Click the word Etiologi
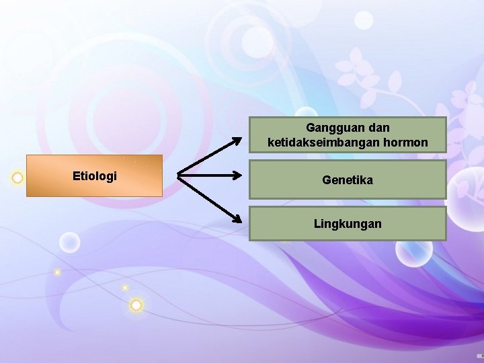(94, 176)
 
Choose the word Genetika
(348, 180)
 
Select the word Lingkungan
(348, 223)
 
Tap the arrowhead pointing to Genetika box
(237, 176)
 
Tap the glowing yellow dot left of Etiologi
(17, 178)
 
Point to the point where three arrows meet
(179, 176)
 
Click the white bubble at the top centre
(364, 20)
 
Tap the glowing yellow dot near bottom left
(136, 305)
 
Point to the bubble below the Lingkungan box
(413, 252)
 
